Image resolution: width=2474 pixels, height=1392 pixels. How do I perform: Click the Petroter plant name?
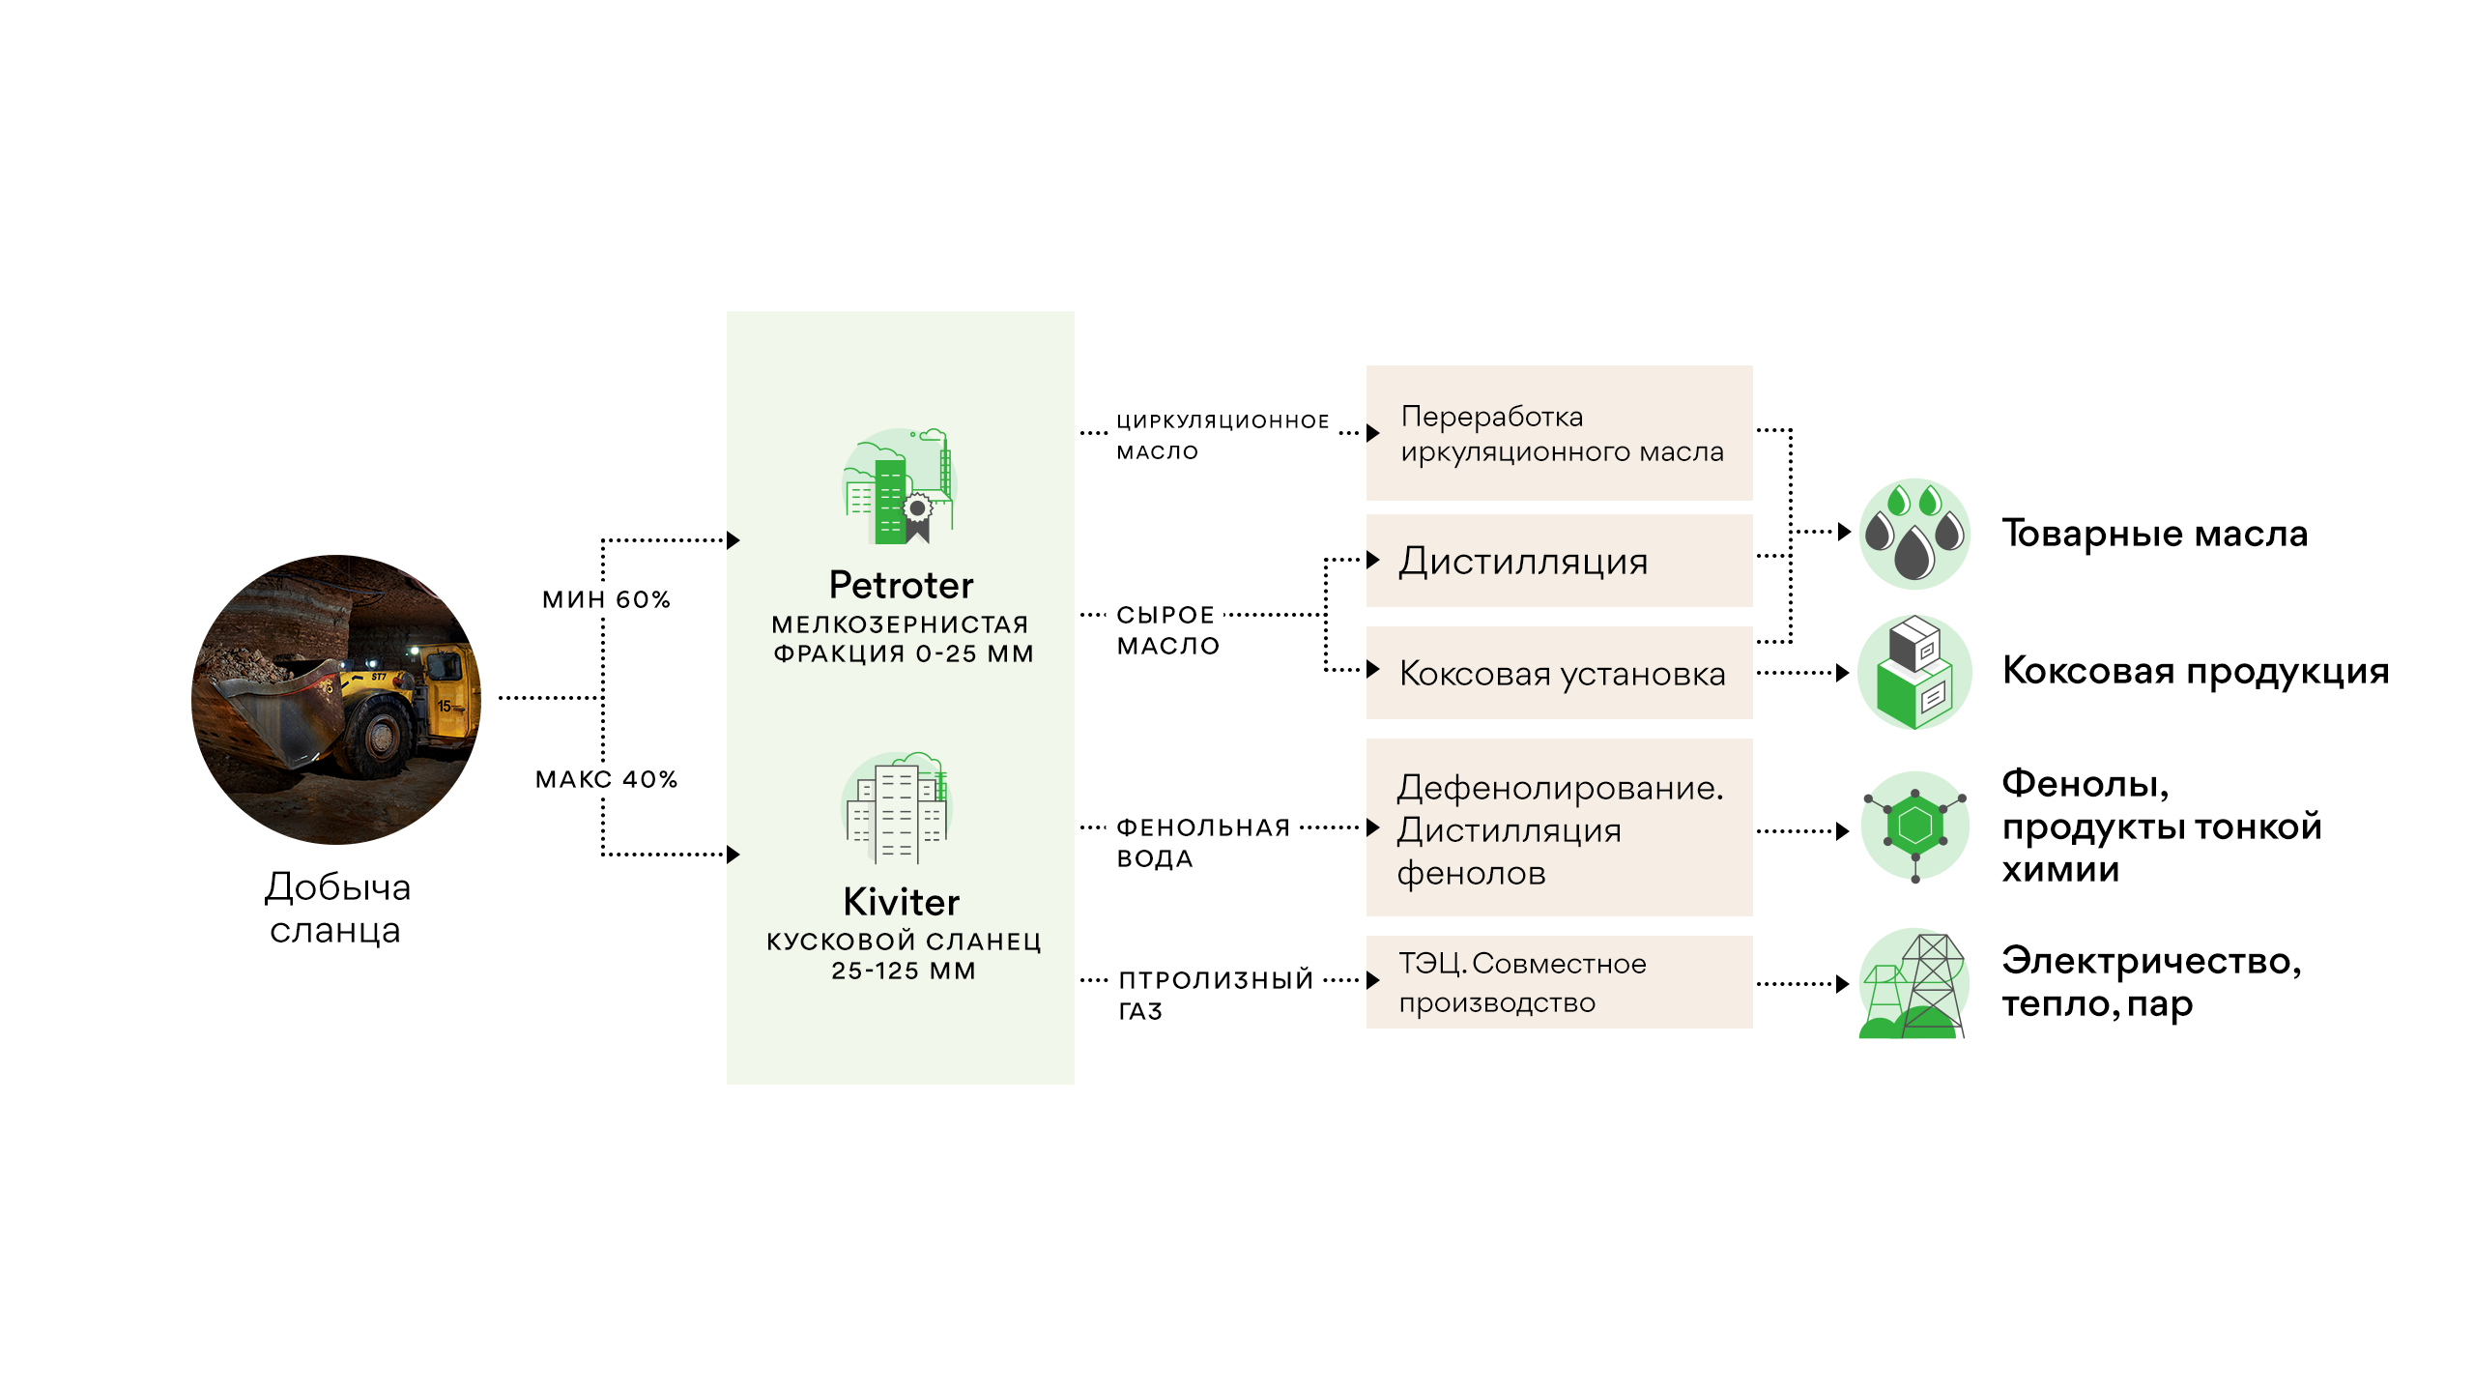pyautogui.click(x=901, y=585)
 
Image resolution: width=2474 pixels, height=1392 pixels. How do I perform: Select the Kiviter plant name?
pyautogui.click(x=901, y=902)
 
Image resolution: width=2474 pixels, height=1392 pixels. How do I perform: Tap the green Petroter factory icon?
pyautogui.click(x=899, y=485)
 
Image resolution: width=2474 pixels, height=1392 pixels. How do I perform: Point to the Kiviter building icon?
pyautogui.click(x=897, y=808)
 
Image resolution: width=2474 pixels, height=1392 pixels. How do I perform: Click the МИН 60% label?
pyautogui.click(x=607, y=599)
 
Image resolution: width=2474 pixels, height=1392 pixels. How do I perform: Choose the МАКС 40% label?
pyautogui.click(x=607, y=779)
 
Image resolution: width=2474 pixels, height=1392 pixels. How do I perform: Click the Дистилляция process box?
pyautogui.click(x=1559, y=561)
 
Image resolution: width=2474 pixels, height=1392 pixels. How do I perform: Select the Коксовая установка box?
pyautogui.click(x=1559, y=673)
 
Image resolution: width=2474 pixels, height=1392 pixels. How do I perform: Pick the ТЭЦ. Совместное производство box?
pyautogui.click(x=1559, y=982)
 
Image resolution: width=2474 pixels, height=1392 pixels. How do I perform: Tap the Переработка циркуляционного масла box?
pyautogui.click(x=1559, y=433)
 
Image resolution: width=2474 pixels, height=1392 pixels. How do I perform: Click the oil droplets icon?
pyautogui.click(x=1914, y=534)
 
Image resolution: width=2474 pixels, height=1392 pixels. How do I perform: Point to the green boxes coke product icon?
pyautogui.click(x=1914, y=672)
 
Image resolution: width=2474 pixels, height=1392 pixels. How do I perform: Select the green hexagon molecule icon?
pyautogui.click(x=1914, y=826)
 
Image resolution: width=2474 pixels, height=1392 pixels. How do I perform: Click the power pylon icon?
pyautogui.click(x=1914, y=984)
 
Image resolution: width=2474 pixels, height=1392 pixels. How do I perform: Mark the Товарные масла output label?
pyautogui.click(x=2155, y=534)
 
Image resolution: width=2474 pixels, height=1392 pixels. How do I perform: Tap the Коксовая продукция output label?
pyautogui.click(x=2196, y=671)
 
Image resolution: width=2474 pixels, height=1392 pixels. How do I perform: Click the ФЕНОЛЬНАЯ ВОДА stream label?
pyautogui.click(x=1203, y=843)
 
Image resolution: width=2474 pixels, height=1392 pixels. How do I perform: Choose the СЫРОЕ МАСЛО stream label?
pyautogui.click(x=1167, y=630)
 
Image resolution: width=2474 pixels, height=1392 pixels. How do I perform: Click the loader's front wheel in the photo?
pyautogui.click(x=380, y=737)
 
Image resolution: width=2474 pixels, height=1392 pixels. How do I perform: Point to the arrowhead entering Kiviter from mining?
pyautogui.click(x=734, y=855)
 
